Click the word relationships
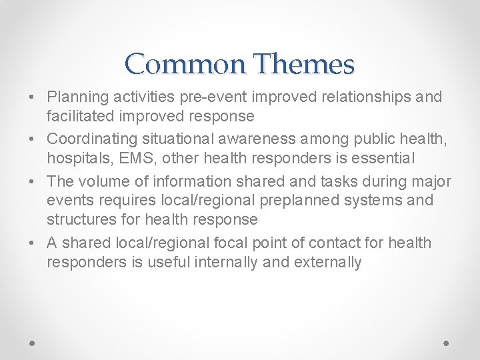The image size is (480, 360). (x=363, y=97)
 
